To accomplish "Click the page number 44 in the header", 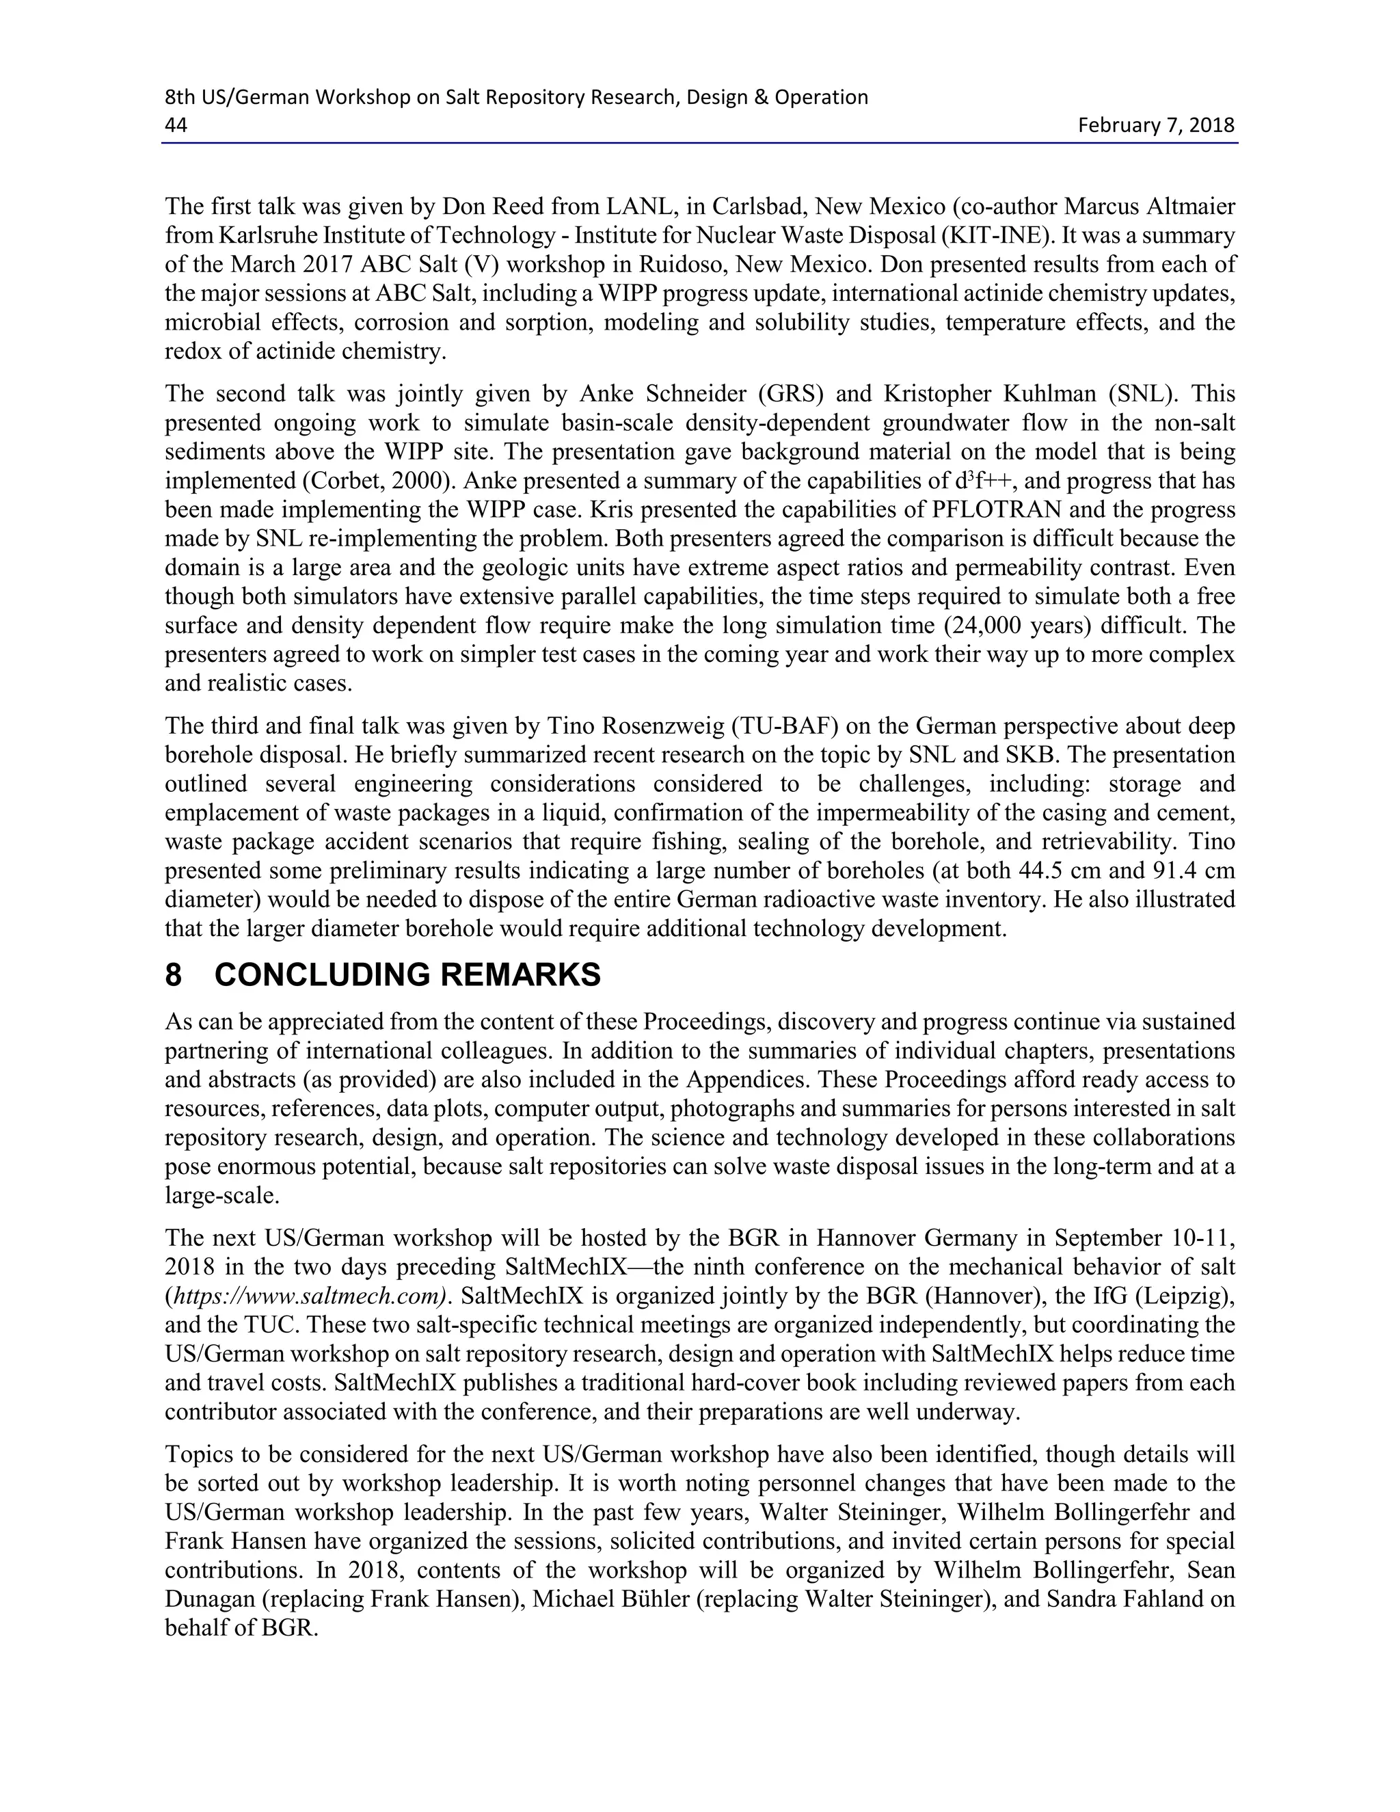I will coord(176,125).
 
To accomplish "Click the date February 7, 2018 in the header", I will coord(1155,125).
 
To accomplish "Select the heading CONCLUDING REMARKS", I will coord(407,975).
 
